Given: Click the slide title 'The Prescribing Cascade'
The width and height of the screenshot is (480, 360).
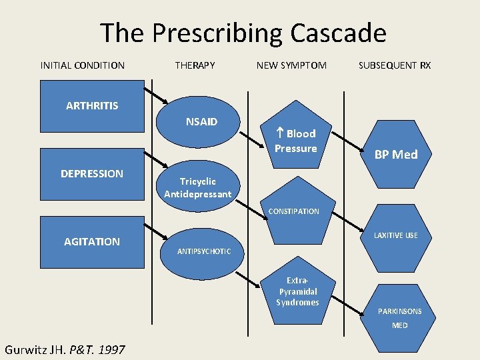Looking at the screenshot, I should pos(243,33).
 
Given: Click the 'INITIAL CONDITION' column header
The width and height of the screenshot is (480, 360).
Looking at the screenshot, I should pos(83,65).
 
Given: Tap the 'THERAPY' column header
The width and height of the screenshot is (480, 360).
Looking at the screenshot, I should pos(195,65).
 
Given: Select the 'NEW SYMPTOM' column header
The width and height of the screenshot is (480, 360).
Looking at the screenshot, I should pos(291,65).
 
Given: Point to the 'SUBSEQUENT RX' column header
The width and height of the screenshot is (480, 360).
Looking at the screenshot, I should pos(395,65).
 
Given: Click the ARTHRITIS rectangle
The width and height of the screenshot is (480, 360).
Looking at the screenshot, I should pos(92,106).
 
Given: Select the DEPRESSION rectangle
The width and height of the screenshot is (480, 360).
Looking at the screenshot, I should pos(92,174).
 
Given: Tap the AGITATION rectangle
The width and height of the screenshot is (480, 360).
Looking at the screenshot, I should pos(92,241).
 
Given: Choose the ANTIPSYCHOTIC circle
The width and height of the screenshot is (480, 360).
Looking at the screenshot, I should pos(203,251).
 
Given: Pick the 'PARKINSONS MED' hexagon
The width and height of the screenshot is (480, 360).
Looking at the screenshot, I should pos(399,317).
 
